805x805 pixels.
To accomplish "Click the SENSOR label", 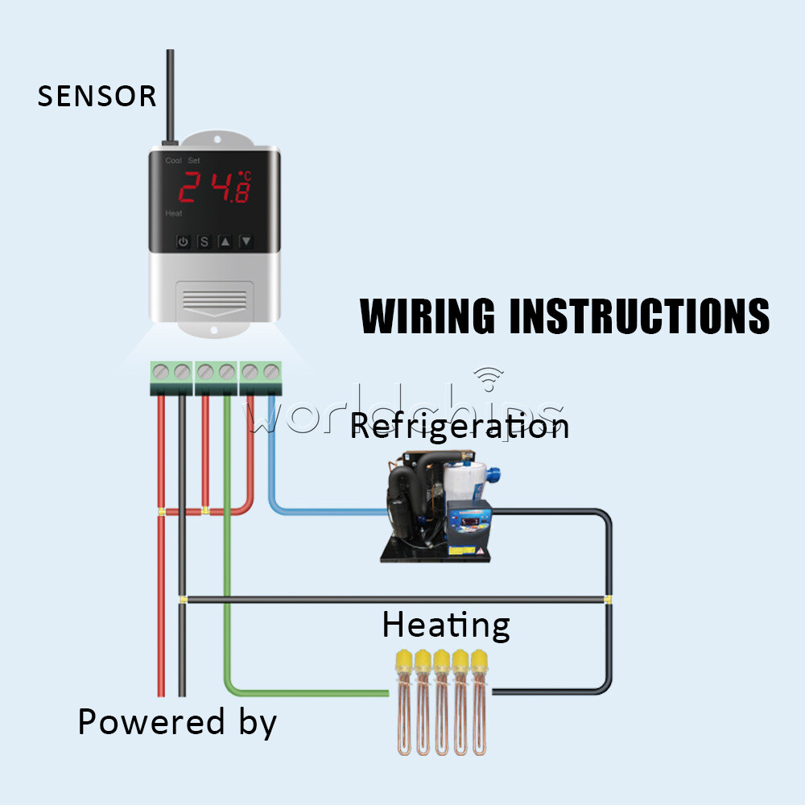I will [97, 97].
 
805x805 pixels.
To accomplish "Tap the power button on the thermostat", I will [184, 242].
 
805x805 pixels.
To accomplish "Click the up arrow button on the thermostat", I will [225, 242].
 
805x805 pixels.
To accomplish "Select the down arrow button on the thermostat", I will [246, 242].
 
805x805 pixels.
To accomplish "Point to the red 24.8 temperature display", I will [213, 187].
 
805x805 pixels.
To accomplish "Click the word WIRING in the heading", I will [427, 316].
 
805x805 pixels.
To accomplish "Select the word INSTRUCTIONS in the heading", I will [640, 316].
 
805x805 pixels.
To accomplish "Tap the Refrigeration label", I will [460, 425].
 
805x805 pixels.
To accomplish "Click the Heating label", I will [445, 625].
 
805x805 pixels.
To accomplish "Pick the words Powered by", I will [177, 722].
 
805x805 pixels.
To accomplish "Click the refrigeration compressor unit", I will [439, 507].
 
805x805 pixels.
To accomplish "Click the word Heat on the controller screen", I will [173, 213].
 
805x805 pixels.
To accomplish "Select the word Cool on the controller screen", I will [173, 161].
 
